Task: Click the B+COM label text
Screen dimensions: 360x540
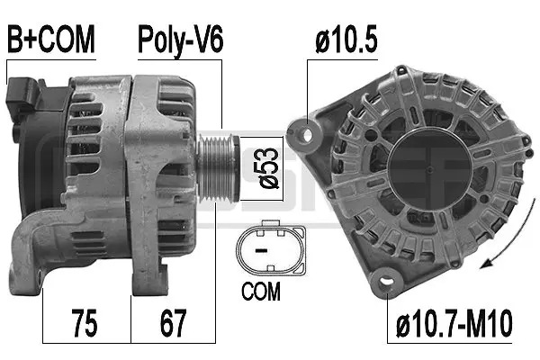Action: tap(51, 39)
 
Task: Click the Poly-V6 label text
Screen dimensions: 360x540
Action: tap(179, 39)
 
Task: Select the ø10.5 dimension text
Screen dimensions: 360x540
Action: tap(345, 39)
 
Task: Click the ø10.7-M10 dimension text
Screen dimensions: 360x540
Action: tap(454, 321)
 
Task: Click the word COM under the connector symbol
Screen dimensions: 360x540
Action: tap(261, 292)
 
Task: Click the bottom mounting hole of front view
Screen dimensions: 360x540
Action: tap(389, 283)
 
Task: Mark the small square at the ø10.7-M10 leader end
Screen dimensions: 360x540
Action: tap(389, 288)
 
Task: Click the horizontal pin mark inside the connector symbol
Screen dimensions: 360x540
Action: tap(261, 248)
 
